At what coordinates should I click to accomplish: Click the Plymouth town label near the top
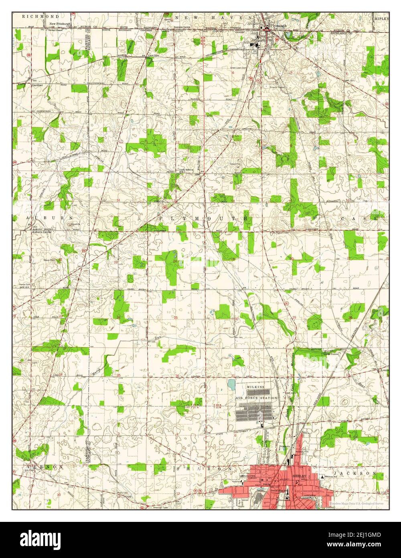click(x=279, y=25)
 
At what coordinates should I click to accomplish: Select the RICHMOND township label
click(x=35, y=16)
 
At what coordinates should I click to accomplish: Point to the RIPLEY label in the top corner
click(x=381, y=18)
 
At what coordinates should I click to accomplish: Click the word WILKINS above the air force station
click(x=255, y=386)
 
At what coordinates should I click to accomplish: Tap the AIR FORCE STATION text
click(x=256, y=398)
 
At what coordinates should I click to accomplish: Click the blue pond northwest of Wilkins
click(x=231, y=385)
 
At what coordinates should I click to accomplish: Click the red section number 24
click(x=175, y=261)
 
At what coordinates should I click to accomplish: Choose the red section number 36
click(x=178, y=375)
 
